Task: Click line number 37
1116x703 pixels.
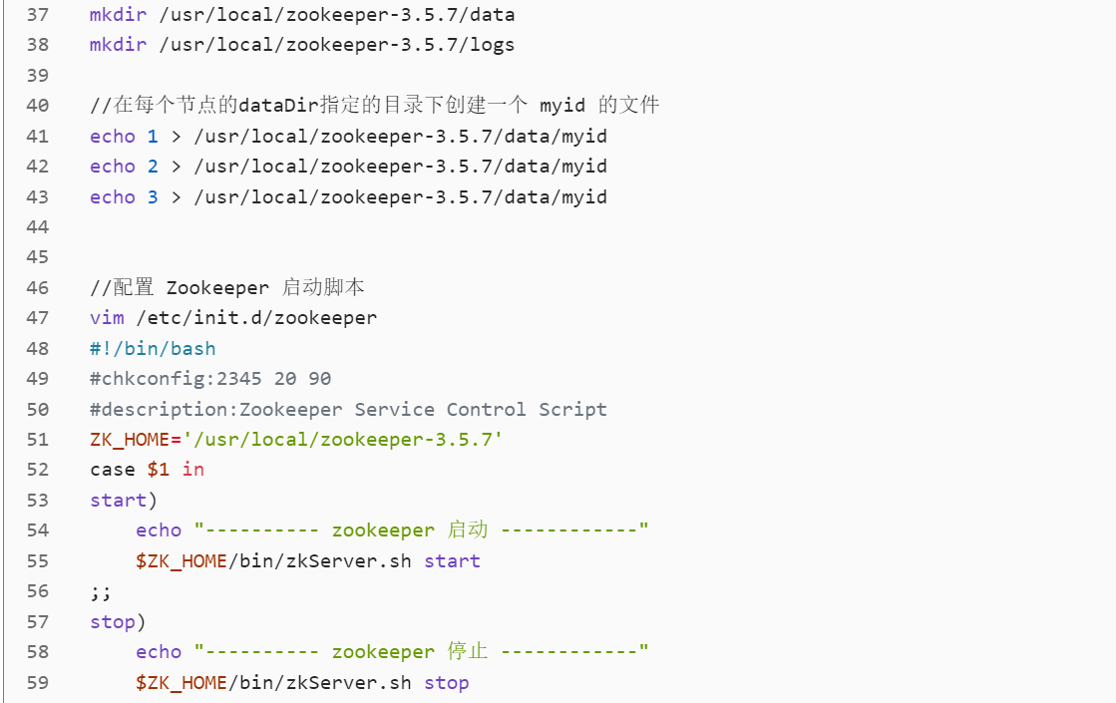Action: click(37, 15)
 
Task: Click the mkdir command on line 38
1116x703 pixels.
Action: click(118, 45)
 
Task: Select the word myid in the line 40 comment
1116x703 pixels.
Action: click(562, 106)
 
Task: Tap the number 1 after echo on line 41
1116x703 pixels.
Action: click(153, 136)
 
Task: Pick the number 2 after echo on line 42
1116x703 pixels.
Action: click(153, 167)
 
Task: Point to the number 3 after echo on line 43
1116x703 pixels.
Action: click(153, 196)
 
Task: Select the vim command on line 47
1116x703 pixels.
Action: click(107, 318)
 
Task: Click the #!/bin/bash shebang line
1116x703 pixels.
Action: click(153, 349)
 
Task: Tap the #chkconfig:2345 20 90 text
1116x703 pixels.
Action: click(210, 379)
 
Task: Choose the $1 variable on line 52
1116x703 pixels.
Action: click(159, 470)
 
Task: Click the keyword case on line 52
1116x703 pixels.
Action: click(112, 470)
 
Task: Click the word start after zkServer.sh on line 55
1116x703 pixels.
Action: click(452, 561)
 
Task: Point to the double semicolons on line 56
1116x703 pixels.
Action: click(101, 591)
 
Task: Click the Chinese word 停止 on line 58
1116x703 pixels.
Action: click(468, 652)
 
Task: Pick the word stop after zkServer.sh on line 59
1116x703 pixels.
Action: click(446, 683)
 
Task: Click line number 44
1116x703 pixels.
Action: click(37, 227)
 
